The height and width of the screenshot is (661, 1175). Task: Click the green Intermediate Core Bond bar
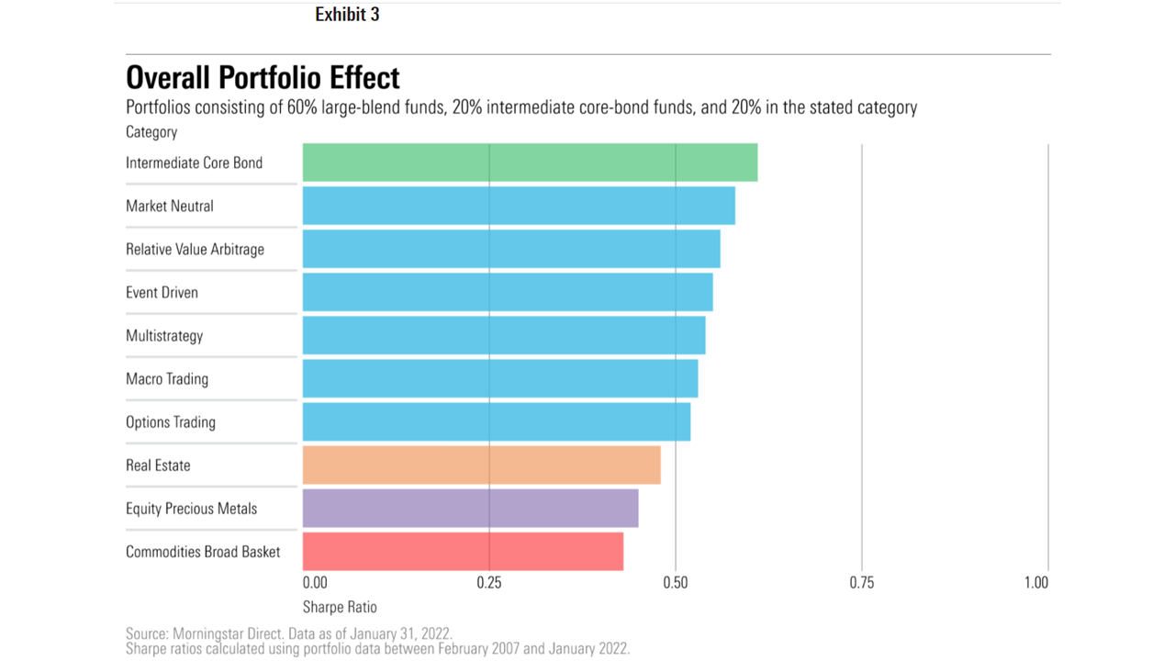point(530,162)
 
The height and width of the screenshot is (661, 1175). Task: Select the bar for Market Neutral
point(519,206)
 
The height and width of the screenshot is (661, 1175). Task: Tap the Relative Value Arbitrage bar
point(511,249)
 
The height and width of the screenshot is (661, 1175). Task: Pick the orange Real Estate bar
point(481,465)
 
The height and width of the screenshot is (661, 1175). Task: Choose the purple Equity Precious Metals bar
point(470,508)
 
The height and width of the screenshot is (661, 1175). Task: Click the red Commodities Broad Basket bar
point(463,551)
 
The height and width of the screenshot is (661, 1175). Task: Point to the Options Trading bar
point(496,421)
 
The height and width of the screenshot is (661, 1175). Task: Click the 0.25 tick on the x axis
point(489,582)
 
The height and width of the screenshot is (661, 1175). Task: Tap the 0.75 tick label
point(862,582)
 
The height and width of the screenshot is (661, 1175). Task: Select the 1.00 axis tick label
point(1036,582)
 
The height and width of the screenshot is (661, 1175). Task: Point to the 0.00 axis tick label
point(315,582)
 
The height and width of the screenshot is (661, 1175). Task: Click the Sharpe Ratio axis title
point(340,607)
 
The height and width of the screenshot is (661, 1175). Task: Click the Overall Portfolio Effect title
point(263,77)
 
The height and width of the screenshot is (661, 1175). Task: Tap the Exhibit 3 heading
point(347,15)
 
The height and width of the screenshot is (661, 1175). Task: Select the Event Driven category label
point(162,293)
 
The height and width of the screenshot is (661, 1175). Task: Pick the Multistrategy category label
point(164,336)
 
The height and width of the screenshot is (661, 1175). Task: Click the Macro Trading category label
point(167,379)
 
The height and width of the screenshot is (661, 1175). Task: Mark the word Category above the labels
point(151,132)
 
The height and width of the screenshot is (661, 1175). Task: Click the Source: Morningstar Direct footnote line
point(288,633)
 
